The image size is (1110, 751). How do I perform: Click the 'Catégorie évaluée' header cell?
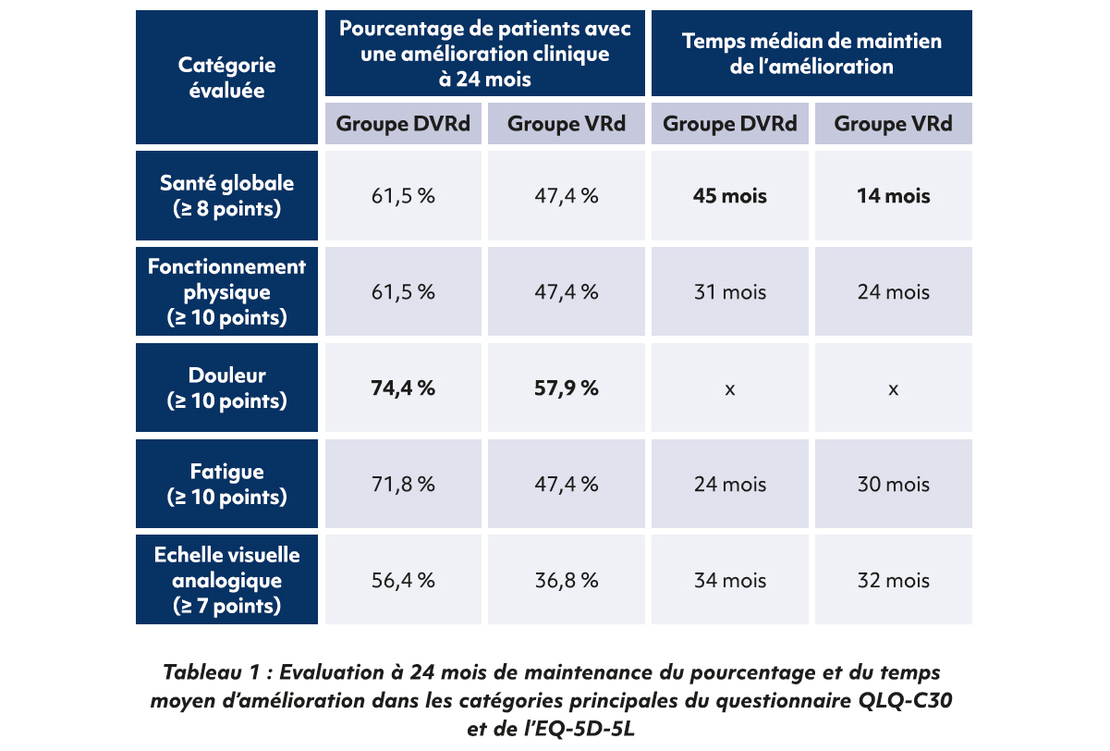coord(226,78)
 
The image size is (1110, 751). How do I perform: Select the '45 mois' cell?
coord(730,196)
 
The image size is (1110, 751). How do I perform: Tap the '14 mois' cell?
coord(893,196)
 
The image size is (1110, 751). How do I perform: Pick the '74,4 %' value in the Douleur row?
coord(403,388)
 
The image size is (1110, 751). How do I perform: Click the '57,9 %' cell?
coord(566,388)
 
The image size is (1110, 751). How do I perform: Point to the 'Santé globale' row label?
coord(226,196)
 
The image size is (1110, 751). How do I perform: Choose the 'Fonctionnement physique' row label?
coord(226,292)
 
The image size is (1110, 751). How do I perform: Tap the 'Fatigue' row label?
coord(226,485)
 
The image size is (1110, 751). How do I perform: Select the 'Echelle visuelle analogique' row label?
coord(226,581)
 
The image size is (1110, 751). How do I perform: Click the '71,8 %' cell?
coord(403,485)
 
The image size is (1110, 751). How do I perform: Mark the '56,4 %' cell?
coord(403,581)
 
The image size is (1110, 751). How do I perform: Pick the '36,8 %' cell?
coord(566,581)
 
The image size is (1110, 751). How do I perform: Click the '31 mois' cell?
coord(730,292)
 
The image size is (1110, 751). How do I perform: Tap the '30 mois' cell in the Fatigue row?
coord(893,485)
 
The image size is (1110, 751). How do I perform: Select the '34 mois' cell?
coord(730,581)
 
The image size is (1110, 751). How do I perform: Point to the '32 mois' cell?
coord(893,581)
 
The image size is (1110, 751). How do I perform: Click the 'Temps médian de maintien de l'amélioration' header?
coord(811,54)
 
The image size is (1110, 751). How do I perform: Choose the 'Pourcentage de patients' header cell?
coord(485,54)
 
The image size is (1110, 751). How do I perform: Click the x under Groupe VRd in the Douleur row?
coord(893,389)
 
